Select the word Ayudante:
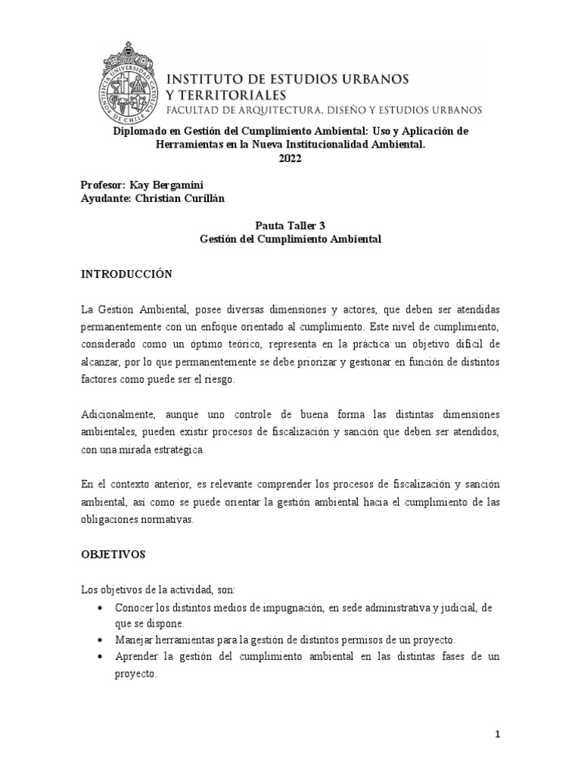point(107,198)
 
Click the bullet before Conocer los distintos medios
point(101,608)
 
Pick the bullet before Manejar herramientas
point(101,640)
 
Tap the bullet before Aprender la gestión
point(101,657)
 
